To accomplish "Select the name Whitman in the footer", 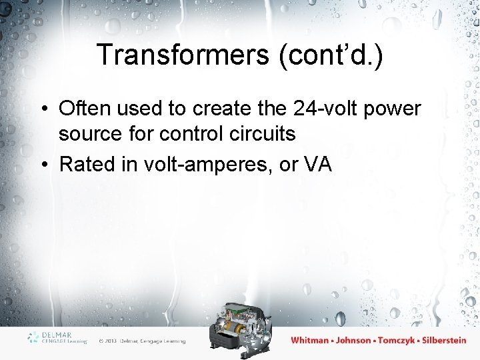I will (x=310, y=340).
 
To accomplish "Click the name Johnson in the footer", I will (x=353, y=340).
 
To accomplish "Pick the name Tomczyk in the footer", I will (x=398, y=340).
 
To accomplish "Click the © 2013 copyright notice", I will (x=141, y=341).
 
